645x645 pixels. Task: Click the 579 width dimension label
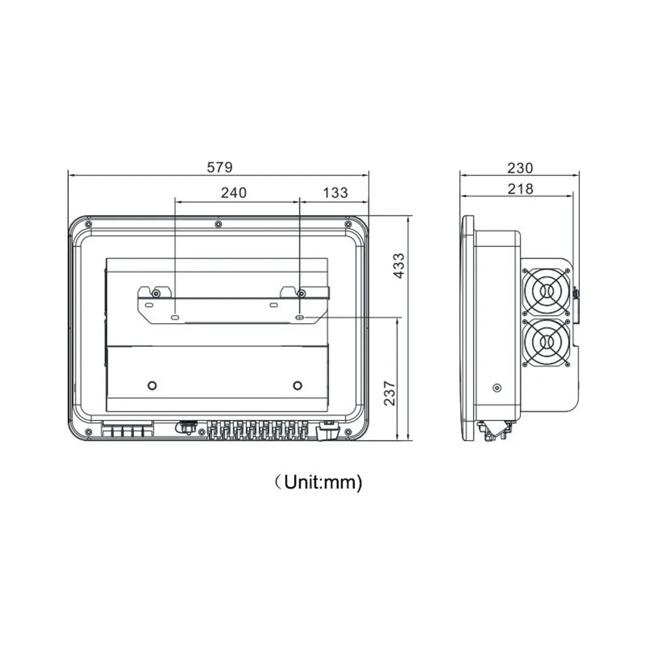(219, 167)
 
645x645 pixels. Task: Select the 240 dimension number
(234, 192)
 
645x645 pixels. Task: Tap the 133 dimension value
(335, 192)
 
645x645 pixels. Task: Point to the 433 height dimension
(399, 266)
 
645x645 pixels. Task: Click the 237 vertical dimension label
(389, 393)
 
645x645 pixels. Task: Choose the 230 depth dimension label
(520, 168)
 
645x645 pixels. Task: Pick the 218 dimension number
(520, 189)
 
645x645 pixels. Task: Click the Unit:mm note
(319, 482)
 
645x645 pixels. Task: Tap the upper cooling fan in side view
(546, 292)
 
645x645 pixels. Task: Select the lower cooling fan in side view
(546, 342)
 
